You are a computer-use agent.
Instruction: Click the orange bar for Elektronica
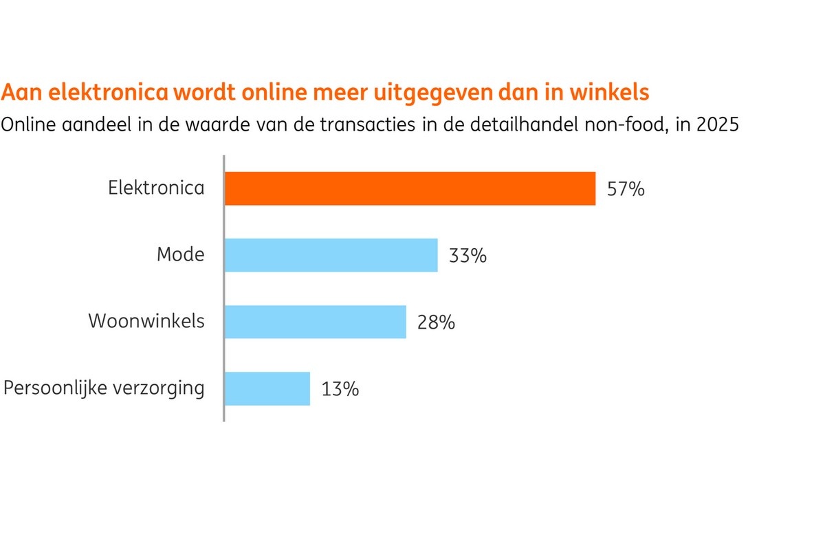tap(410, 188)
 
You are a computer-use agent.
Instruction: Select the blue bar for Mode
tap(331, 255)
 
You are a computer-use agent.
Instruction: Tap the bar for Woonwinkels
tap(316, 322)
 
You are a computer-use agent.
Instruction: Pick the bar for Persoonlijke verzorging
tap(267, 388)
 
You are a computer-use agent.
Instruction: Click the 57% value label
tap(626, 189)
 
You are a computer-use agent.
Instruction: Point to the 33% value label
tap(467, 256)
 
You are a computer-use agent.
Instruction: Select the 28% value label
tap(436, 322)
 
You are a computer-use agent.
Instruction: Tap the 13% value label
tap(340, 389)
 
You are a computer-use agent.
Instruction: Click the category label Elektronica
tap(156, 188)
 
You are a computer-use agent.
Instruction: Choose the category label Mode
tap(180, 255)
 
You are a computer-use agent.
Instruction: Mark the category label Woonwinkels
tap(146, 321)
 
